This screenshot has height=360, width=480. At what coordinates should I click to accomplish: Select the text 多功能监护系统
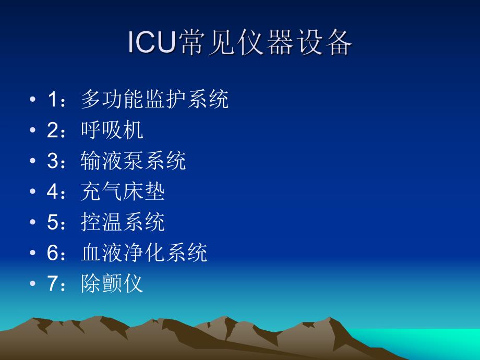(x=155, y=99)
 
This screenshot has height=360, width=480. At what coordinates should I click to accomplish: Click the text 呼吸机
(x=112, y=130)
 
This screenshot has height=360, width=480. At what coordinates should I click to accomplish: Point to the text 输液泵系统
(x=134, y=161)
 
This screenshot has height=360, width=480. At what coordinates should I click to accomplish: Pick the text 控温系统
(x=123, y=222)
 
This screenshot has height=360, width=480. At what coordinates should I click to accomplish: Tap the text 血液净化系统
(x=145, y=253)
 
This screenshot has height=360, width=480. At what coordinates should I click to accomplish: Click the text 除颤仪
(x=112, y=284)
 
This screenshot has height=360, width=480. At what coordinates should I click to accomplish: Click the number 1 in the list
(x=52, y=100)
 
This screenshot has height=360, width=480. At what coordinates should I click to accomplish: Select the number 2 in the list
(x=52, y=130)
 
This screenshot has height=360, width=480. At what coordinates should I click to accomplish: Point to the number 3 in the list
(x=52, y=161)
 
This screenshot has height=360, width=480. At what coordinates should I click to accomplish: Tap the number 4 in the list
(x=52, y=192)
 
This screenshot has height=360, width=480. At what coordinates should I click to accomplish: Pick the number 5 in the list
(x=52, y=223)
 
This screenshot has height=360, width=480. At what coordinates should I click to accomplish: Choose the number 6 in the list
(x=52, y=254)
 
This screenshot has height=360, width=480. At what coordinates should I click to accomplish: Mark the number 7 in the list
(x=52, y=284)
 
